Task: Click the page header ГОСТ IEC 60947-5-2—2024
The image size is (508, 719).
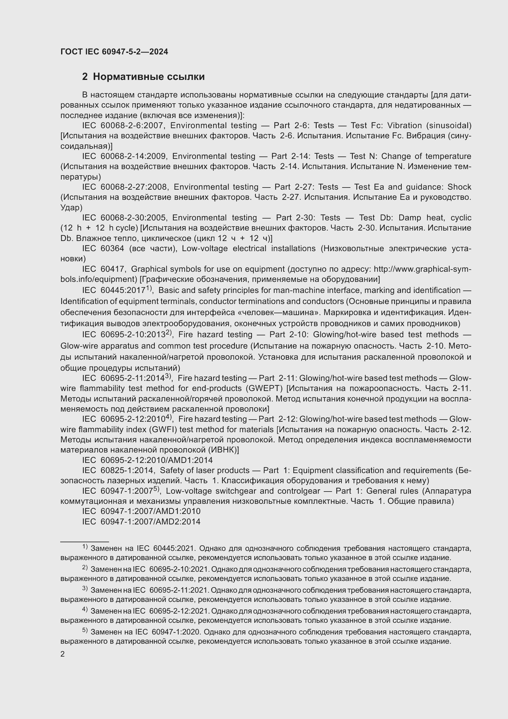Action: click(114, 52)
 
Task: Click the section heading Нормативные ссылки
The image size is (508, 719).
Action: click(149, 77)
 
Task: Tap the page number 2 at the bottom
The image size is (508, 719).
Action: click(63, 654)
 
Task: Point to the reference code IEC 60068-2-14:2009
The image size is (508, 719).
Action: click(125, 156)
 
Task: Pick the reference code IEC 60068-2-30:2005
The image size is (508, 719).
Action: click(125, 218)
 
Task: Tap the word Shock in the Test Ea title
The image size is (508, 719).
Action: click(459, 187)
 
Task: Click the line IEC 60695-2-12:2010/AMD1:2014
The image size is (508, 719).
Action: click(147, 460)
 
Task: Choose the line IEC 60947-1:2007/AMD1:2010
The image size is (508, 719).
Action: click(141, 512)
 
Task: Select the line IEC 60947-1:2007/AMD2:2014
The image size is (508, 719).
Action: click(141, 522)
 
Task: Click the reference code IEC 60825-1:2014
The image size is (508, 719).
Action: click(118, 471)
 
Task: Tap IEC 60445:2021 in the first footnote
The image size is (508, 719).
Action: click(166, 548)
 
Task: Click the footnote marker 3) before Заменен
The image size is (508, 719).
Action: click(85, 588)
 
